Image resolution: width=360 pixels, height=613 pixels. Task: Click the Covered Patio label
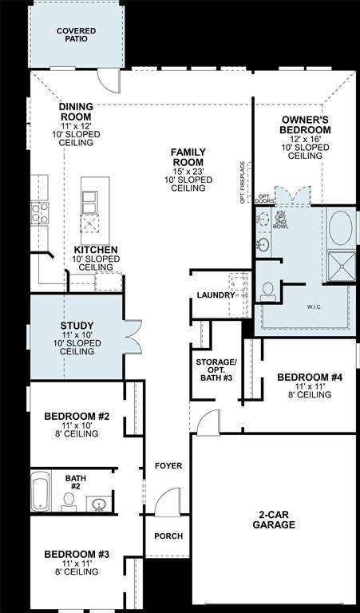(76, 35)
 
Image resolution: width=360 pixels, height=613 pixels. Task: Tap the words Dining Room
(76, 112)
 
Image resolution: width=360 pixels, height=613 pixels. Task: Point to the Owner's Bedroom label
(305, 125)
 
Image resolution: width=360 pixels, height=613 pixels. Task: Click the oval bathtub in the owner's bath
(341, 228)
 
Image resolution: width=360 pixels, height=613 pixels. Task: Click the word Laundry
(216, 295)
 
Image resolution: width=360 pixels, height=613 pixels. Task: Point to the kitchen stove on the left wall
(39, 212)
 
